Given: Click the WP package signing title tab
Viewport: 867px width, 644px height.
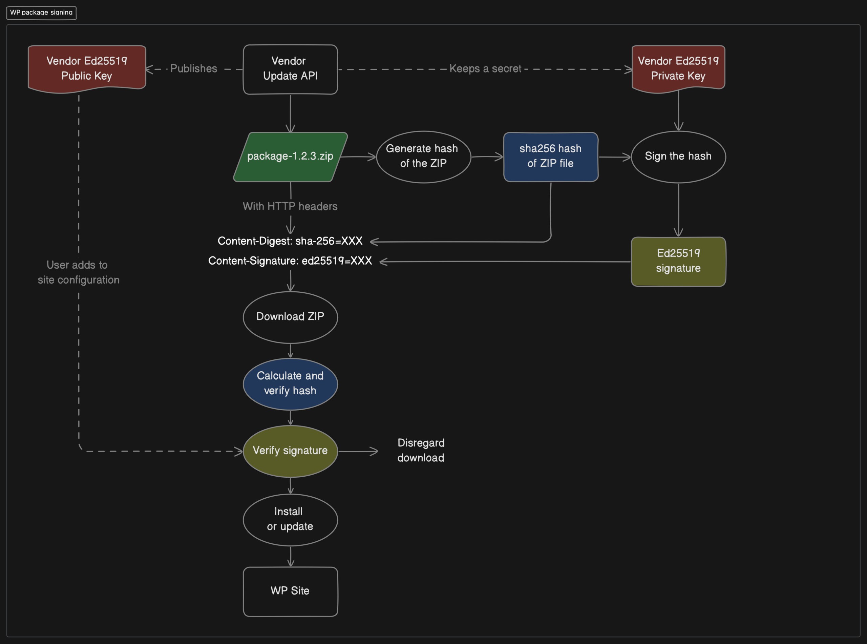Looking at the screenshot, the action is coord(41,13).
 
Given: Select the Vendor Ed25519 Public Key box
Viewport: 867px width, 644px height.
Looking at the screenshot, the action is coord(87,69).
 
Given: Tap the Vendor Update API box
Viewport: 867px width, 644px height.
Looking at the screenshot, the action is coord(290,69).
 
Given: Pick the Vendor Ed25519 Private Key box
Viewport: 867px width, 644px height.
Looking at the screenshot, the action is coord(678,69).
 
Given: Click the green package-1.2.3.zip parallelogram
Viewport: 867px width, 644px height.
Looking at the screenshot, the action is coord(290,157).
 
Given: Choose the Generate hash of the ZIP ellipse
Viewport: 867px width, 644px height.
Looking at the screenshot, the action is coord(424,157).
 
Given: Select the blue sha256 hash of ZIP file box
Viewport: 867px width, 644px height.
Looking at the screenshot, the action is coord(551,157).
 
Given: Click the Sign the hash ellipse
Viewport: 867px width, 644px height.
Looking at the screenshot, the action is coord(678,157).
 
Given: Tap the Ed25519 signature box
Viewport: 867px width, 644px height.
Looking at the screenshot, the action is coord(678,262).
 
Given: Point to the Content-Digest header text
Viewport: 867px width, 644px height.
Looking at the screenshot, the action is coord(290,241).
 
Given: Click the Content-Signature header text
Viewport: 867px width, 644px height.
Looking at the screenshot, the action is coord(290,261).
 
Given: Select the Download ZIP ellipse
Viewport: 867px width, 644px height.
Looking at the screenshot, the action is coord(290,317).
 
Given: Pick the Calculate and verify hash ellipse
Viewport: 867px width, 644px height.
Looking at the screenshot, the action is coord(290,384).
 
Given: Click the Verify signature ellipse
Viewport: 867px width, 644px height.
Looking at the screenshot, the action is coord(290,451).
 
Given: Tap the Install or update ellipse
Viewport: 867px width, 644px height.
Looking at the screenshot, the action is coord(290,520).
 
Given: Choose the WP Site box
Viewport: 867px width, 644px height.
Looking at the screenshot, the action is coord(290,591).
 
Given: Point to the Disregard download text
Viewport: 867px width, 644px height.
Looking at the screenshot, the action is coord(421,450).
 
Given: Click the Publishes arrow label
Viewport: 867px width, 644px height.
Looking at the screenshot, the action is coord(194,69).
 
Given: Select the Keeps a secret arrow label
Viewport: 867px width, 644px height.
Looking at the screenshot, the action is coord(485,69).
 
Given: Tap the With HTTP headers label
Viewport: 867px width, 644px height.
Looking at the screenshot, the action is coord(290,206).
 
